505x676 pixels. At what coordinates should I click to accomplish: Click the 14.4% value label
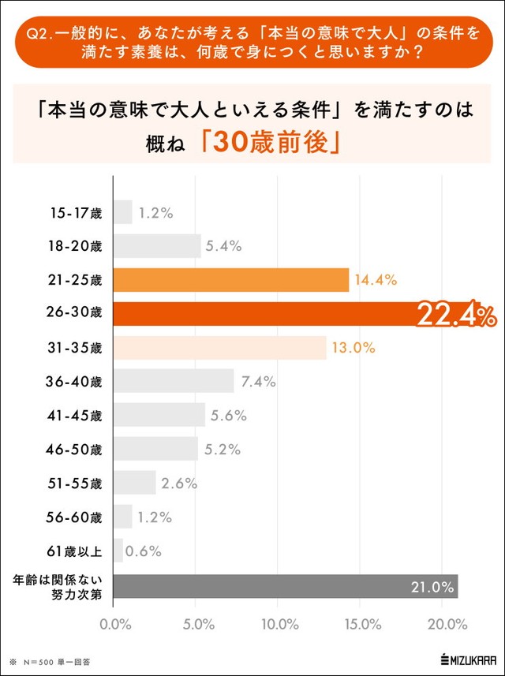(x=375, y=280)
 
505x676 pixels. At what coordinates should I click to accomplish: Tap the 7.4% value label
(x=258, y=382)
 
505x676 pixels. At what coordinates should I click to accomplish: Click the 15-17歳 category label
(x=76, y=212)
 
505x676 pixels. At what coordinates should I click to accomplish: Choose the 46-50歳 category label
(x=76, y=450)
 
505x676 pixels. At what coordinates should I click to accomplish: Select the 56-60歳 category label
(x=76, y=517)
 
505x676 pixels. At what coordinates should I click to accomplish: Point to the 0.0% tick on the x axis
(x=115, y=625)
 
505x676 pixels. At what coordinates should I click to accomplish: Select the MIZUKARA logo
(x=467, y=659)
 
